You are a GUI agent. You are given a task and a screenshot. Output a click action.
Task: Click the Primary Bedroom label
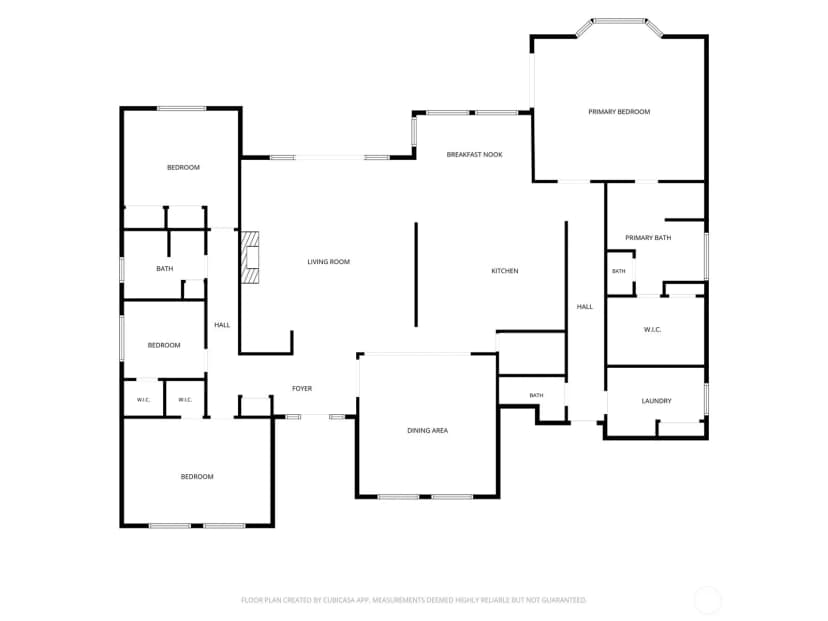click(619, 112)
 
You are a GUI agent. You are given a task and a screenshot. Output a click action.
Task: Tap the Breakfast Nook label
click(474, 155)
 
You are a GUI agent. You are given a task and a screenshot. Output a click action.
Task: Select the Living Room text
click(328, 262)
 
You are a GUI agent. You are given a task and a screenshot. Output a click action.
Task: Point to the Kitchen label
click(505, 271)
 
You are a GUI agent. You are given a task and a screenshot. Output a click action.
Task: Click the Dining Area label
click(427, 431)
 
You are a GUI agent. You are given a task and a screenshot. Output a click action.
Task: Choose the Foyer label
click(302, 389)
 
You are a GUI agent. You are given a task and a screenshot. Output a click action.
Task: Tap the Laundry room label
click(656, 401)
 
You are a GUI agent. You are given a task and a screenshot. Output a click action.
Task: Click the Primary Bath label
click(648, 238)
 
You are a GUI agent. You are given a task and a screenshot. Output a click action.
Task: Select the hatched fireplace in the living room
click(250, 257)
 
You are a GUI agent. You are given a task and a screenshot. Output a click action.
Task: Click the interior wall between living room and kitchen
click(416, 275)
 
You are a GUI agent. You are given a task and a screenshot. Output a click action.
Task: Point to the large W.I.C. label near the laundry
click(652, 330)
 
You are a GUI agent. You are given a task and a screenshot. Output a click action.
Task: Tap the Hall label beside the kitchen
click(585, 307)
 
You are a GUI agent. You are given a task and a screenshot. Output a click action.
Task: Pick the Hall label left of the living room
click(222, 325)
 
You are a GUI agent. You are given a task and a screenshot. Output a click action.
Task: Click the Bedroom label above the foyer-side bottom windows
click(197, 477)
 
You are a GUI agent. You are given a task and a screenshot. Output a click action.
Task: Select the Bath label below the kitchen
click(536, 396)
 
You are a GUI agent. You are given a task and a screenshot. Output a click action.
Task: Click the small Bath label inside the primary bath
click(618, 271)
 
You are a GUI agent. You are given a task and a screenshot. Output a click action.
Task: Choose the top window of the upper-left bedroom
click(182, 109)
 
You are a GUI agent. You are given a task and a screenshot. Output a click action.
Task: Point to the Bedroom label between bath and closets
click(164, 345)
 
